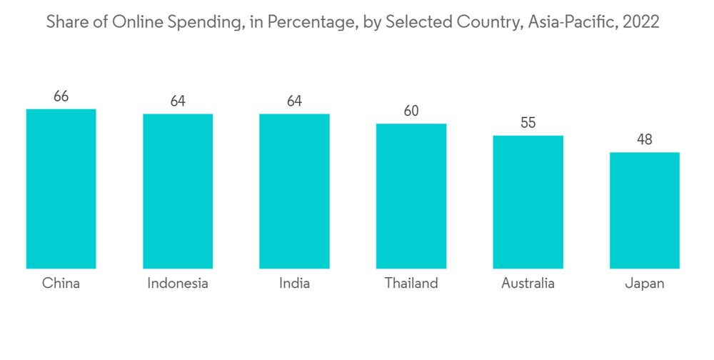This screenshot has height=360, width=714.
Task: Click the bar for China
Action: pyautogui.click(x=61, y=189)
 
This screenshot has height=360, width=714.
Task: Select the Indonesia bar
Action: pyautogui.click(x=178, y=191)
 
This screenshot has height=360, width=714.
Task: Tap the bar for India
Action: pyautogui.click(x=294, y=191)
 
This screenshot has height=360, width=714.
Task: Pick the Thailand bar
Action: pyautogui.click(x=411, y=196)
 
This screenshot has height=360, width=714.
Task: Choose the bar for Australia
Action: pyautogui.click(x=528, y=201)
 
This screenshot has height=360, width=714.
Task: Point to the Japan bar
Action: pyautogui.click(x=645, y=210)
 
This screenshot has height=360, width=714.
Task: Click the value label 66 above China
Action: pyautogui.click(x=61, y=96)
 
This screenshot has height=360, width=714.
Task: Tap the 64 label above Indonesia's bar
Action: pyautogui.click(x=178, y=101)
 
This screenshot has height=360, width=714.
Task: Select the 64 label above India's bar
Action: pyautogui.click(x=294, y=101)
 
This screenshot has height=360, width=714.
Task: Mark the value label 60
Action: pyautogui.click(x=411, y=111)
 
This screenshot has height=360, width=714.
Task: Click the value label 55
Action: pyautogui.click(x=528, y=123)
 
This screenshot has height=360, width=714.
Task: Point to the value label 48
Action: pyautogui.click(x=645, y=140)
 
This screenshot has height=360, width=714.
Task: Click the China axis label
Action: pyautogui.click(x=61, y=284)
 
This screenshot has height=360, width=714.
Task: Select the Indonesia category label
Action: pyautogui.click(x=178, y=284)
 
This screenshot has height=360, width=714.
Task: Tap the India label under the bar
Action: pyautogui.click(x=294, y=284)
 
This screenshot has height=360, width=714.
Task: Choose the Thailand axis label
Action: pyautogui.click(x=411, y=284)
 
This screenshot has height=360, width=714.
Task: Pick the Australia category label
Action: pyautogui.click(x=528, y=284)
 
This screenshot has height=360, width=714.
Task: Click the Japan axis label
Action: pyautogui.click(x=645, y=284)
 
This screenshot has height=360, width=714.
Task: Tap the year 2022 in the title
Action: pyautogui.click(x=641, y=22)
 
